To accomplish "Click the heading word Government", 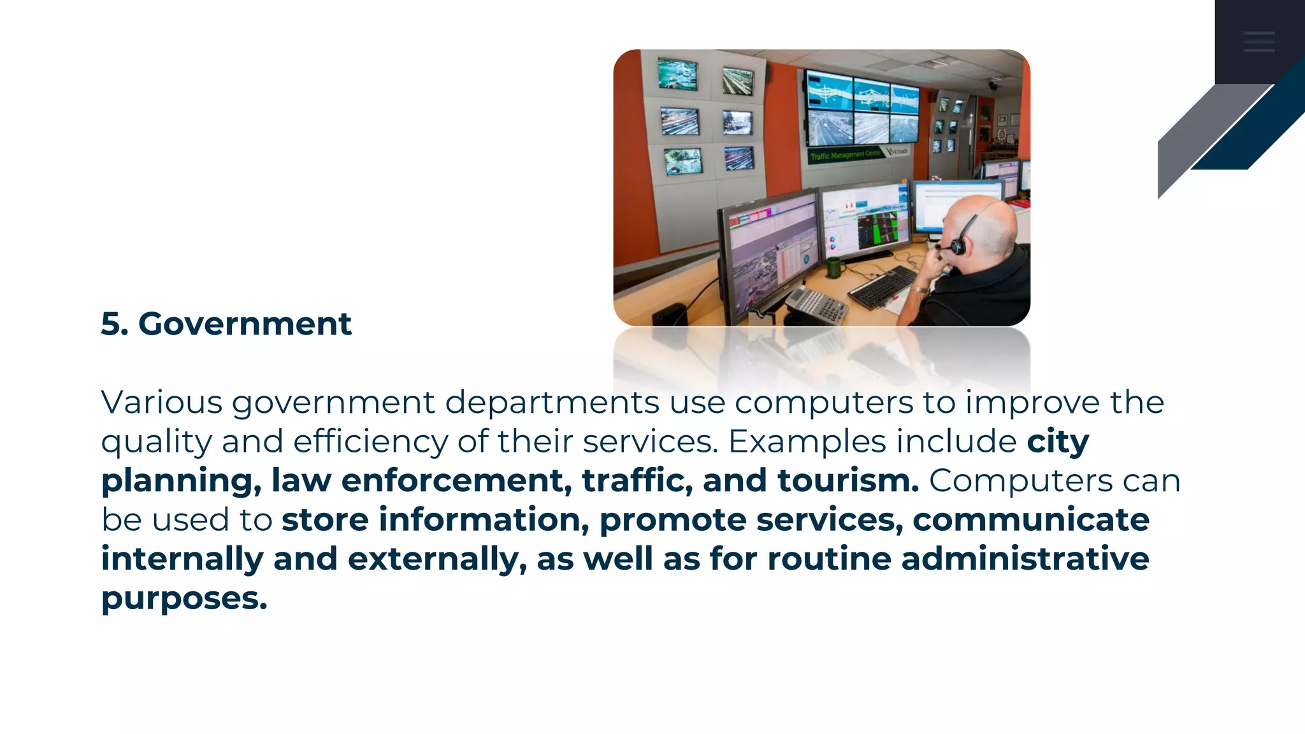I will (x=245, y=324).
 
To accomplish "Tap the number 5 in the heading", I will (x=111, y=324).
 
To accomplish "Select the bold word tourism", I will (x=847, y=480).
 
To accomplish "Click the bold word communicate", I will (x=1031, y=519).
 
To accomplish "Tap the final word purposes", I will (x=184, y=598).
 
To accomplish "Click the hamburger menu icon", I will (x=1258, y=41).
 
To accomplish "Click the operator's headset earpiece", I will (x=958, y=246).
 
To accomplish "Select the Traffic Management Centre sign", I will (x=846, y=155).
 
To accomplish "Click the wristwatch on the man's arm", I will (x=919, y=290).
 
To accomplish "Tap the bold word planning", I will (x=181, y=480).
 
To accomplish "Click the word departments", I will (x=551, y=402).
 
